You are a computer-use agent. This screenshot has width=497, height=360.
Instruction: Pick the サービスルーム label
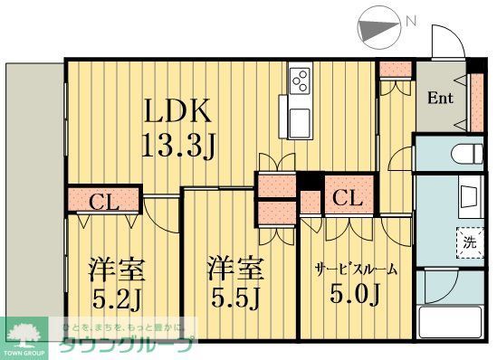[356, 269]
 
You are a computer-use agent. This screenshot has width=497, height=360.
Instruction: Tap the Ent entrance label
[441, 98]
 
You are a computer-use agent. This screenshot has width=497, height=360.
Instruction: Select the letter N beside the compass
[411, 20]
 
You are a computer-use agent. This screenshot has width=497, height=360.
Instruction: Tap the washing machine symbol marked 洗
[468, 242]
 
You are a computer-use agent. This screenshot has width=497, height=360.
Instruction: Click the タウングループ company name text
[127, 346]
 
